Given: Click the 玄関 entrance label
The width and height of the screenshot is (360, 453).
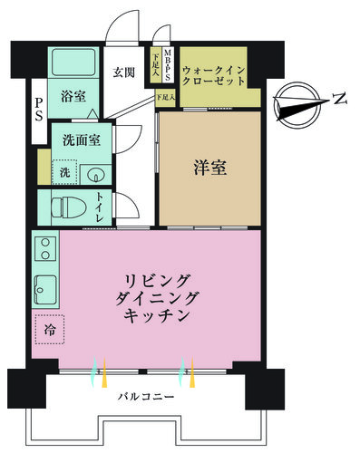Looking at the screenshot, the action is pyautogui.click(x=123, y=72).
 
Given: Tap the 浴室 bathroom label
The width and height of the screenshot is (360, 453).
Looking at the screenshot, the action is pyautogui.click(x=73, y=96).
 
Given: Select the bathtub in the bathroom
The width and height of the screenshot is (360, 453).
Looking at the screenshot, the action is pyautogui.click(x=73, y=63).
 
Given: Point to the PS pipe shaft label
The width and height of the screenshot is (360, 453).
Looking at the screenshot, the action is pyautogui.click(x=39, y=109).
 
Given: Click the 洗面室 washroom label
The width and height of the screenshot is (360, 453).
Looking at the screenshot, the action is pyautogui.click(x=82, y=140).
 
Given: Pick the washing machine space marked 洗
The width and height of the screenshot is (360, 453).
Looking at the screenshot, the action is pyautogui.click(x=64, y=172).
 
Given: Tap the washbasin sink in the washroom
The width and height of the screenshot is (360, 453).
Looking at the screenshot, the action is pyautogui.click(x=96, y=175).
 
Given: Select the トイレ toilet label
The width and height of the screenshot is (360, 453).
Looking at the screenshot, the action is pyautogui.click(x=100, y=207).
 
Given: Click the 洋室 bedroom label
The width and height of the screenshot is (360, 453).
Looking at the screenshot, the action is pyautogui.click(x=209, y=168).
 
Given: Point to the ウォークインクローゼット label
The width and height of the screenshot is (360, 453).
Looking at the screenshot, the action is pyautogui.click(x=213, y=76).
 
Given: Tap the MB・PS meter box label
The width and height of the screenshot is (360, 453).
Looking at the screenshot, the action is pyautogui.click(x=167, y=65).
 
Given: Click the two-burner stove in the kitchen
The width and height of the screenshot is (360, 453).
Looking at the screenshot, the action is pyautogui.click(x=45, y=248).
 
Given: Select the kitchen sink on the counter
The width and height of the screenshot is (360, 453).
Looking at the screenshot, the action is pyautogui.click(x=45, y=290).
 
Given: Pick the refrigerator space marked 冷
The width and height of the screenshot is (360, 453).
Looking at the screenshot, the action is pyautogui.click(x=50, y=330).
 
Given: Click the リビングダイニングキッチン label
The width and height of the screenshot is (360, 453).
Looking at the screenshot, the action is pyautogui.click(x=157, y=299).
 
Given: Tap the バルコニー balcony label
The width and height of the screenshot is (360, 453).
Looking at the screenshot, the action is pyautogui.click(x=146, y=397).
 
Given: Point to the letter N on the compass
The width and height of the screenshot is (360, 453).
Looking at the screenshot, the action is pyautogui.click(x=340, y=99).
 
